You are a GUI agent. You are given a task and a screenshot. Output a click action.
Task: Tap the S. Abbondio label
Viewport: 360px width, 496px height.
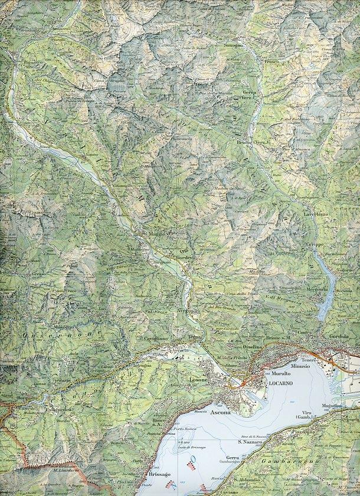click(x=244, y=479)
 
